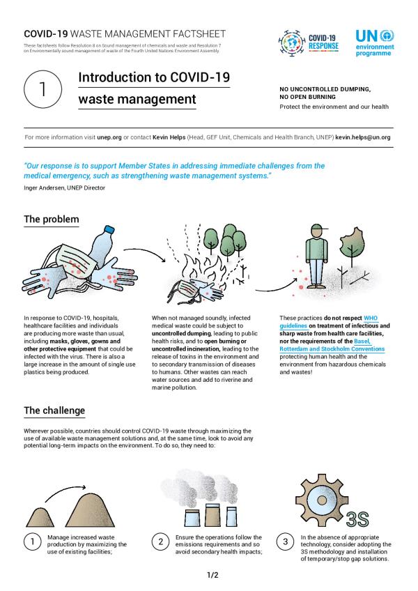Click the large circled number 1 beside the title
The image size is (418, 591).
pyautogui.click(x=41, y=91)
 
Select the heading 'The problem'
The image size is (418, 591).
pyautogui.click(x=51, y=220)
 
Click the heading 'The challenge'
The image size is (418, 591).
pyautogui.click(x=54, y=410)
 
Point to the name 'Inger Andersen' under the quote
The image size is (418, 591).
pyautogui.click(x=41, y=187)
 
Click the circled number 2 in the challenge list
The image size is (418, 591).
pyautogui.click(x=160, y=542)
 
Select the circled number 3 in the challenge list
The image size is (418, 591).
pyautogui.click(x=286, y=542)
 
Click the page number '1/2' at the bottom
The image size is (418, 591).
pyautogui.click(x=212, y=575)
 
